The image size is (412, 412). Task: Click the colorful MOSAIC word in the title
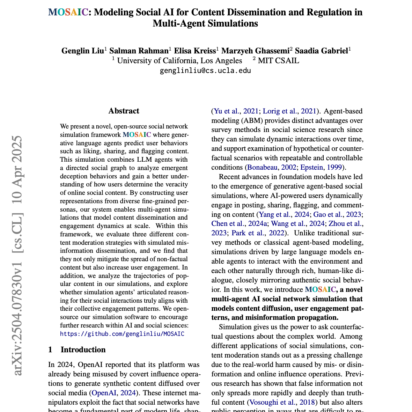coord(68,13)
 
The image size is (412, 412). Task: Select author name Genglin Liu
coord(82,51)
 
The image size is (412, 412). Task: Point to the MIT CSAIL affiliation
coord(278,61)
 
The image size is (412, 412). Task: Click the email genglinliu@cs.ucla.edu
coord(205,71)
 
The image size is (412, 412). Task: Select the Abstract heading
coord(124,111)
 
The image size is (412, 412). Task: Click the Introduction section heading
coord(83,350)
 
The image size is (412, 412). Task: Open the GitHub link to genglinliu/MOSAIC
coord(122,334)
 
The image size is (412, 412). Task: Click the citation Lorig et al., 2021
coord(289,111)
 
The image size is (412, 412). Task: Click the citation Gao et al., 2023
coord(337,214)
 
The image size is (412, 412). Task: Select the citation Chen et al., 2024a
coord(240,223)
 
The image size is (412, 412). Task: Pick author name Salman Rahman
coord(139,51)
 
